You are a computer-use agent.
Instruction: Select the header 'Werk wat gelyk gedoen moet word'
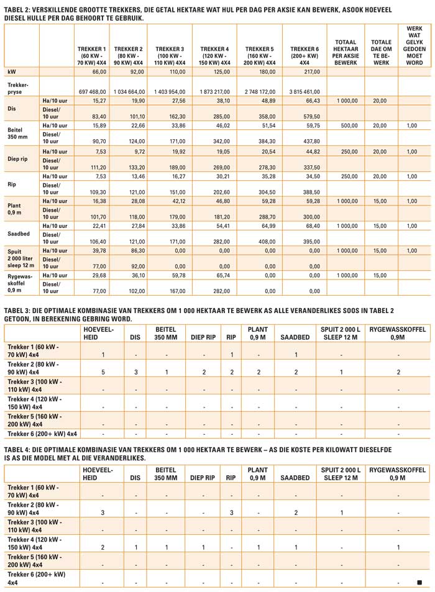click(x=414, y=45)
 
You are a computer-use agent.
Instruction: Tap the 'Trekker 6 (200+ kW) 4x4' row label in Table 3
click(x=42, y=433)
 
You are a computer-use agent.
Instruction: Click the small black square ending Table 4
click(x=419, y=582)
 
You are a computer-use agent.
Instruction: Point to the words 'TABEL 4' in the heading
click(x=19, y=448)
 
